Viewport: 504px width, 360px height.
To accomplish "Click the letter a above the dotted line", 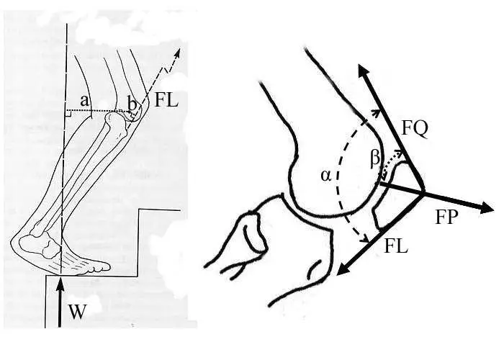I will tap(84, 102).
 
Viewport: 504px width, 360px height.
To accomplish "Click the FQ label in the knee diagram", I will tap(415, 130).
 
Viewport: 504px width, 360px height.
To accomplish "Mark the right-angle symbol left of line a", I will tap(68, 113).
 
